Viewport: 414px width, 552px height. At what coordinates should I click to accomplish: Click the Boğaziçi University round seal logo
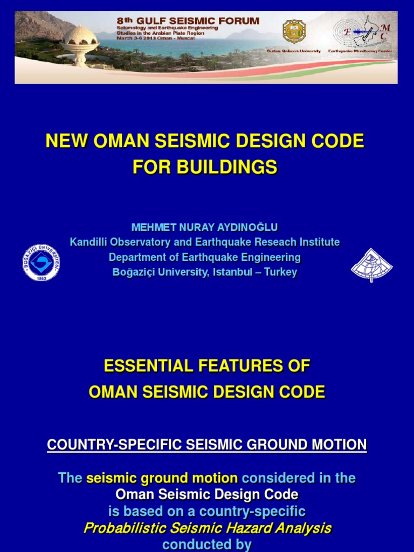tap(41, 263)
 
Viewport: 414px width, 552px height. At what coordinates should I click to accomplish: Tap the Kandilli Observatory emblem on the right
tap(371, 265)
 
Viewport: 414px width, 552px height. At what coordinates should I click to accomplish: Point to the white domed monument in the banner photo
tap(79, 43)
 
